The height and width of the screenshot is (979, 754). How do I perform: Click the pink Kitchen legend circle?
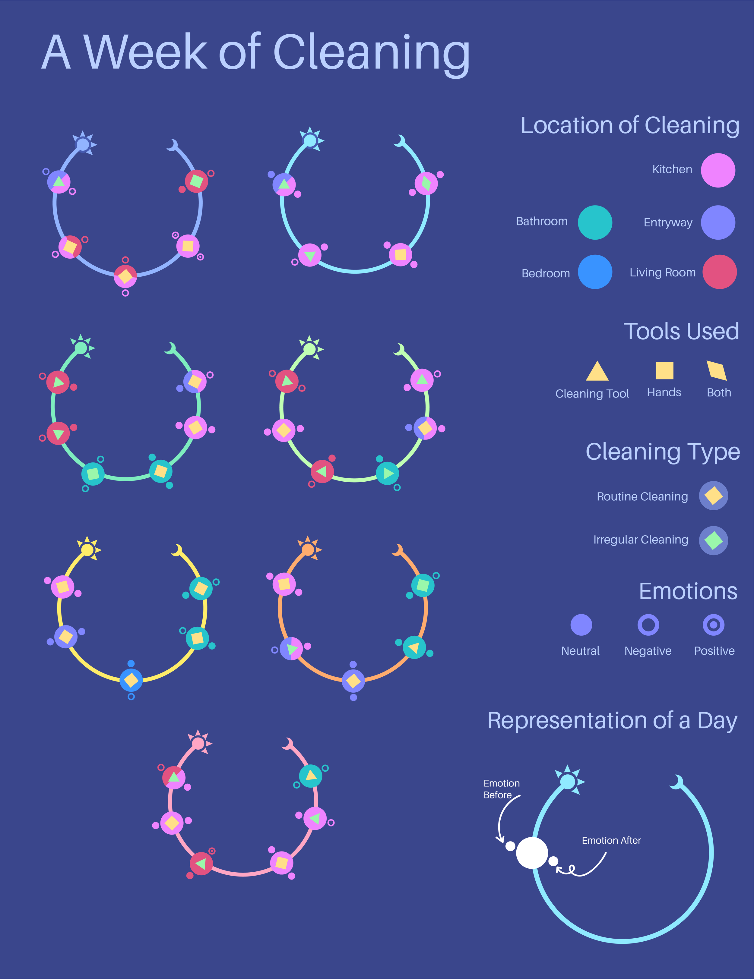718,170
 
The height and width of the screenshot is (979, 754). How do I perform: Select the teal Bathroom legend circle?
595,222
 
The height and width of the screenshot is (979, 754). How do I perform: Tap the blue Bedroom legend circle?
595,272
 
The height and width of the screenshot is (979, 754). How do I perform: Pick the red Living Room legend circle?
719,272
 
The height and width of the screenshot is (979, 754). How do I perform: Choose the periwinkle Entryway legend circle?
718,222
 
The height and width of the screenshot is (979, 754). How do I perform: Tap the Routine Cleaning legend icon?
713,496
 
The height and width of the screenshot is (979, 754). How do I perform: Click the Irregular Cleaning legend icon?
713,541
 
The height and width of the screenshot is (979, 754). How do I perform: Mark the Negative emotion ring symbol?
648,625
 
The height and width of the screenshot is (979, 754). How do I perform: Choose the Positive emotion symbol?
713,625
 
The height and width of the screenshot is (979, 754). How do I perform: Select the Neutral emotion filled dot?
581,625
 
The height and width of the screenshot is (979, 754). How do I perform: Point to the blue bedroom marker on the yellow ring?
131,680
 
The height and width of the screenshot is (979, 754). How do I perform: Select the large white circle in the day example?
532,853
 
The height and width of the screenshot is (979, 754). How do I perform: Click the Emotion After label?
611,840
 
